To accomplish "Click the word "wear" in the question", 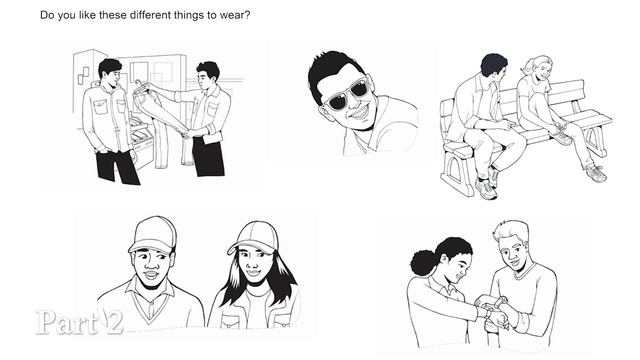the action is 232,16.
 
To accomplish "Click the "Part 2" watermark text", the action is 79,322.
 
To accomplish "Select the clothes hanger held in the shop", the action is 141,85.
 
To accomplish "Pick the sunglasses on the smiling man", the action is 348,93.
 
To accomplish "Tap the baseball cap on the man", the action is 152,235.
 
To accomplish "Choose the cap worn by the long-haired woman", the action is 254,238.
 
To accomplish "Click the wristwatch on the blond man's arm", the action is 500,302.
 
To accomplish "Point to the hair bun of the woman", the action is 423,262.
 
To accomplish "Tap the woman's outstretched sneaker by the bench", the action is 596,173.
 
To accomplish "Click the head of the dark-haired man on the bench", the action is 494,65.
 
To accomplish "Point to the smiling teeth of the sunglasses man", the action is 360,111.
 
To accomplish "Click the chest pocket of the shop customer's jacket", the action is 100,107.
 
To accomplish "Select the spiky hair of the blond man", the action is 511,230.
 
